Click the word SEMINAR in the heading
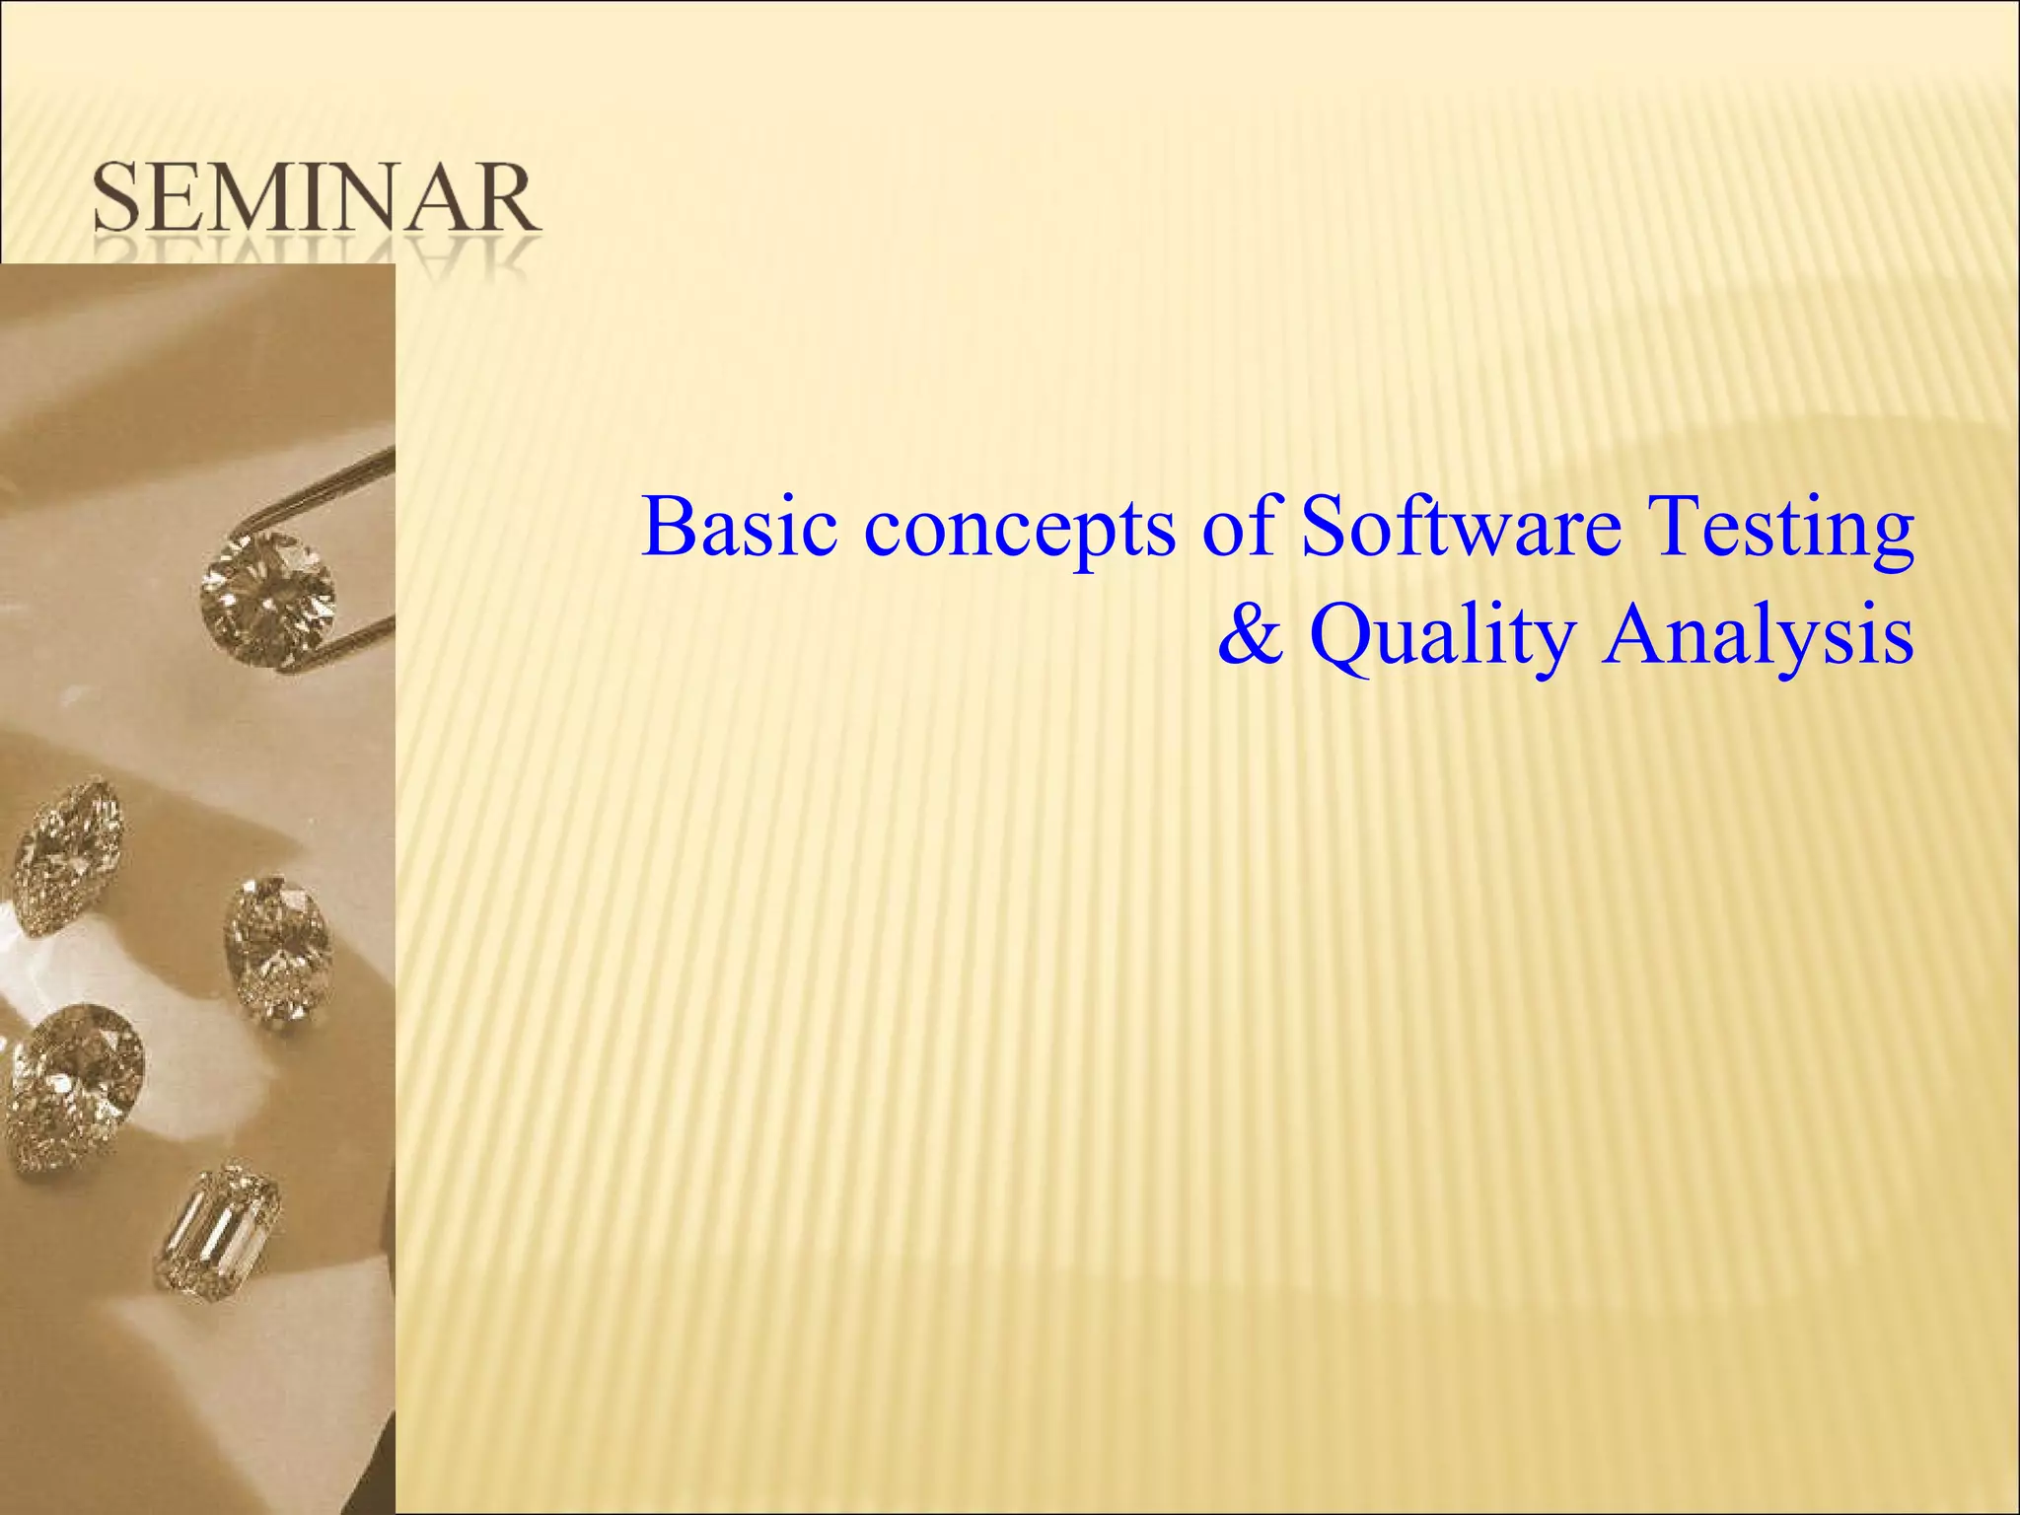316,200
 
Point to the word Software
1461,527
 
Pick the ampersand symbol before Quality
1251,637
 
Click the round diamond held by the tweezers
267,597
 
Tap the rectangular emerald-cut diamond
218,1232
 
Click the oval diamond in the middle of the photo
278,948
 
